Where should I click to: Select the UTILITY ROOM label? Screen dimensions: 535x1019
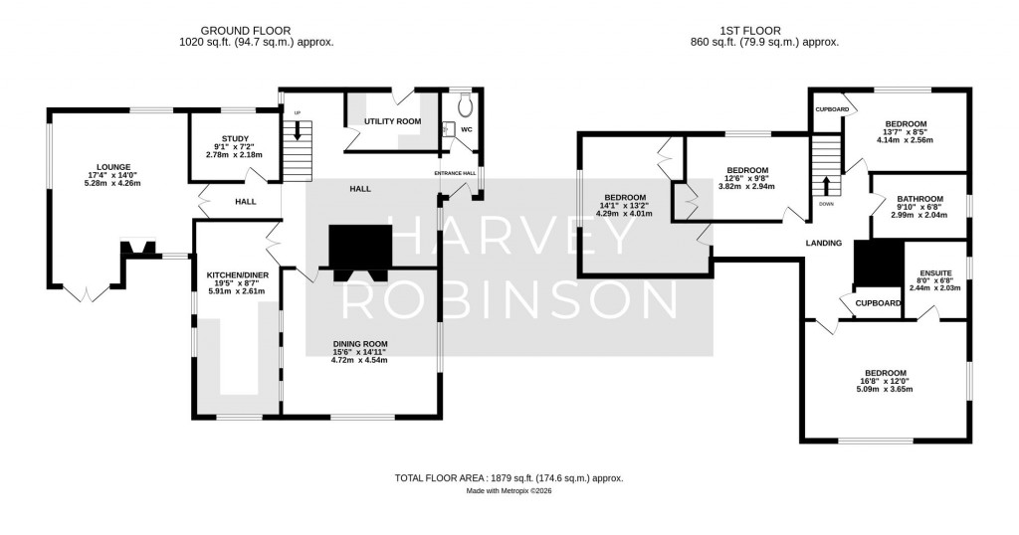[x=392, y=121]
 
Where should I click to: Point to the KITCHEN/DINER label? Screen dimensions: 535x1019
[x=235, y=274]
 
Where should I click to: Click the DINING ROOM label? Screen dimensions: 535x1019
[x=359, y=344]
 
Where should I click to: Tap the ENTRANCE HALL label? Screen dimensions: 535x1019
[x=456, y=173]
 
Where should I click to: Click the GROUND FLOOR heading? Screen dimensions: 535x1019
[x=253, y=30]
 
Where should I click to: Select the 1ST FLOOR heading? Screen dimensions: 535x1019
[x=763, y=30]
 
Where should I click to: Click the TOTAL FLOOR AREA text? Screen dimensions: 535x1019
[x=509, y=478]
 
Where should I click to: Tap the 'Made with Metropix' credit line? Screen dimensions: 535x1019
[x=509, y=491]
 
